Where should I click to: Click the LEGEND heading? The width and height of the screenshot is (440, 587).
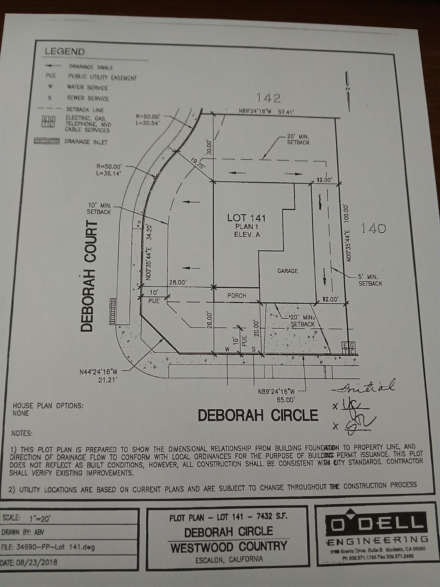pyautogui.click(x=65, y=51)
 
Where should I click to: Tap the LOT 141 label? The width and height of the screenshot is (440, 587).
pyautogui.click(x=247, y=218)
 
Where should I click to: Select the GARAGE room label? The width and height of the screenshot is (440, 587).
pyautogui.click(x=287, y=270)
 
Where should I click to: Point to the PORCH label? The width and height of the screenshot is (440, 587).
pyautogui.click(x=237, y=295)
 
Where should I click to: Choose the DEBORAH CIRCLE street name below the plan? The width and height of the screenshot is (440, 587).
pyautogui.click(x=258, y=415)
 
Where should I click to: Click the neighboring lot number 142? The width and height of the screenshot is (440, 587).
pyautogui.click(x=268, y=97)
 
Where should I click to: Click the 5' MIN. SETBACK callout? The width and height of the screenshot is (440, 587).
pyautogui.click(x=370, y=280)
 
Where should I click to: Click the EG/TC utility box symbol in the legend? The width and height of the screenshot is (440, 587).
pyautogui.click(x=48, y=121)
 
